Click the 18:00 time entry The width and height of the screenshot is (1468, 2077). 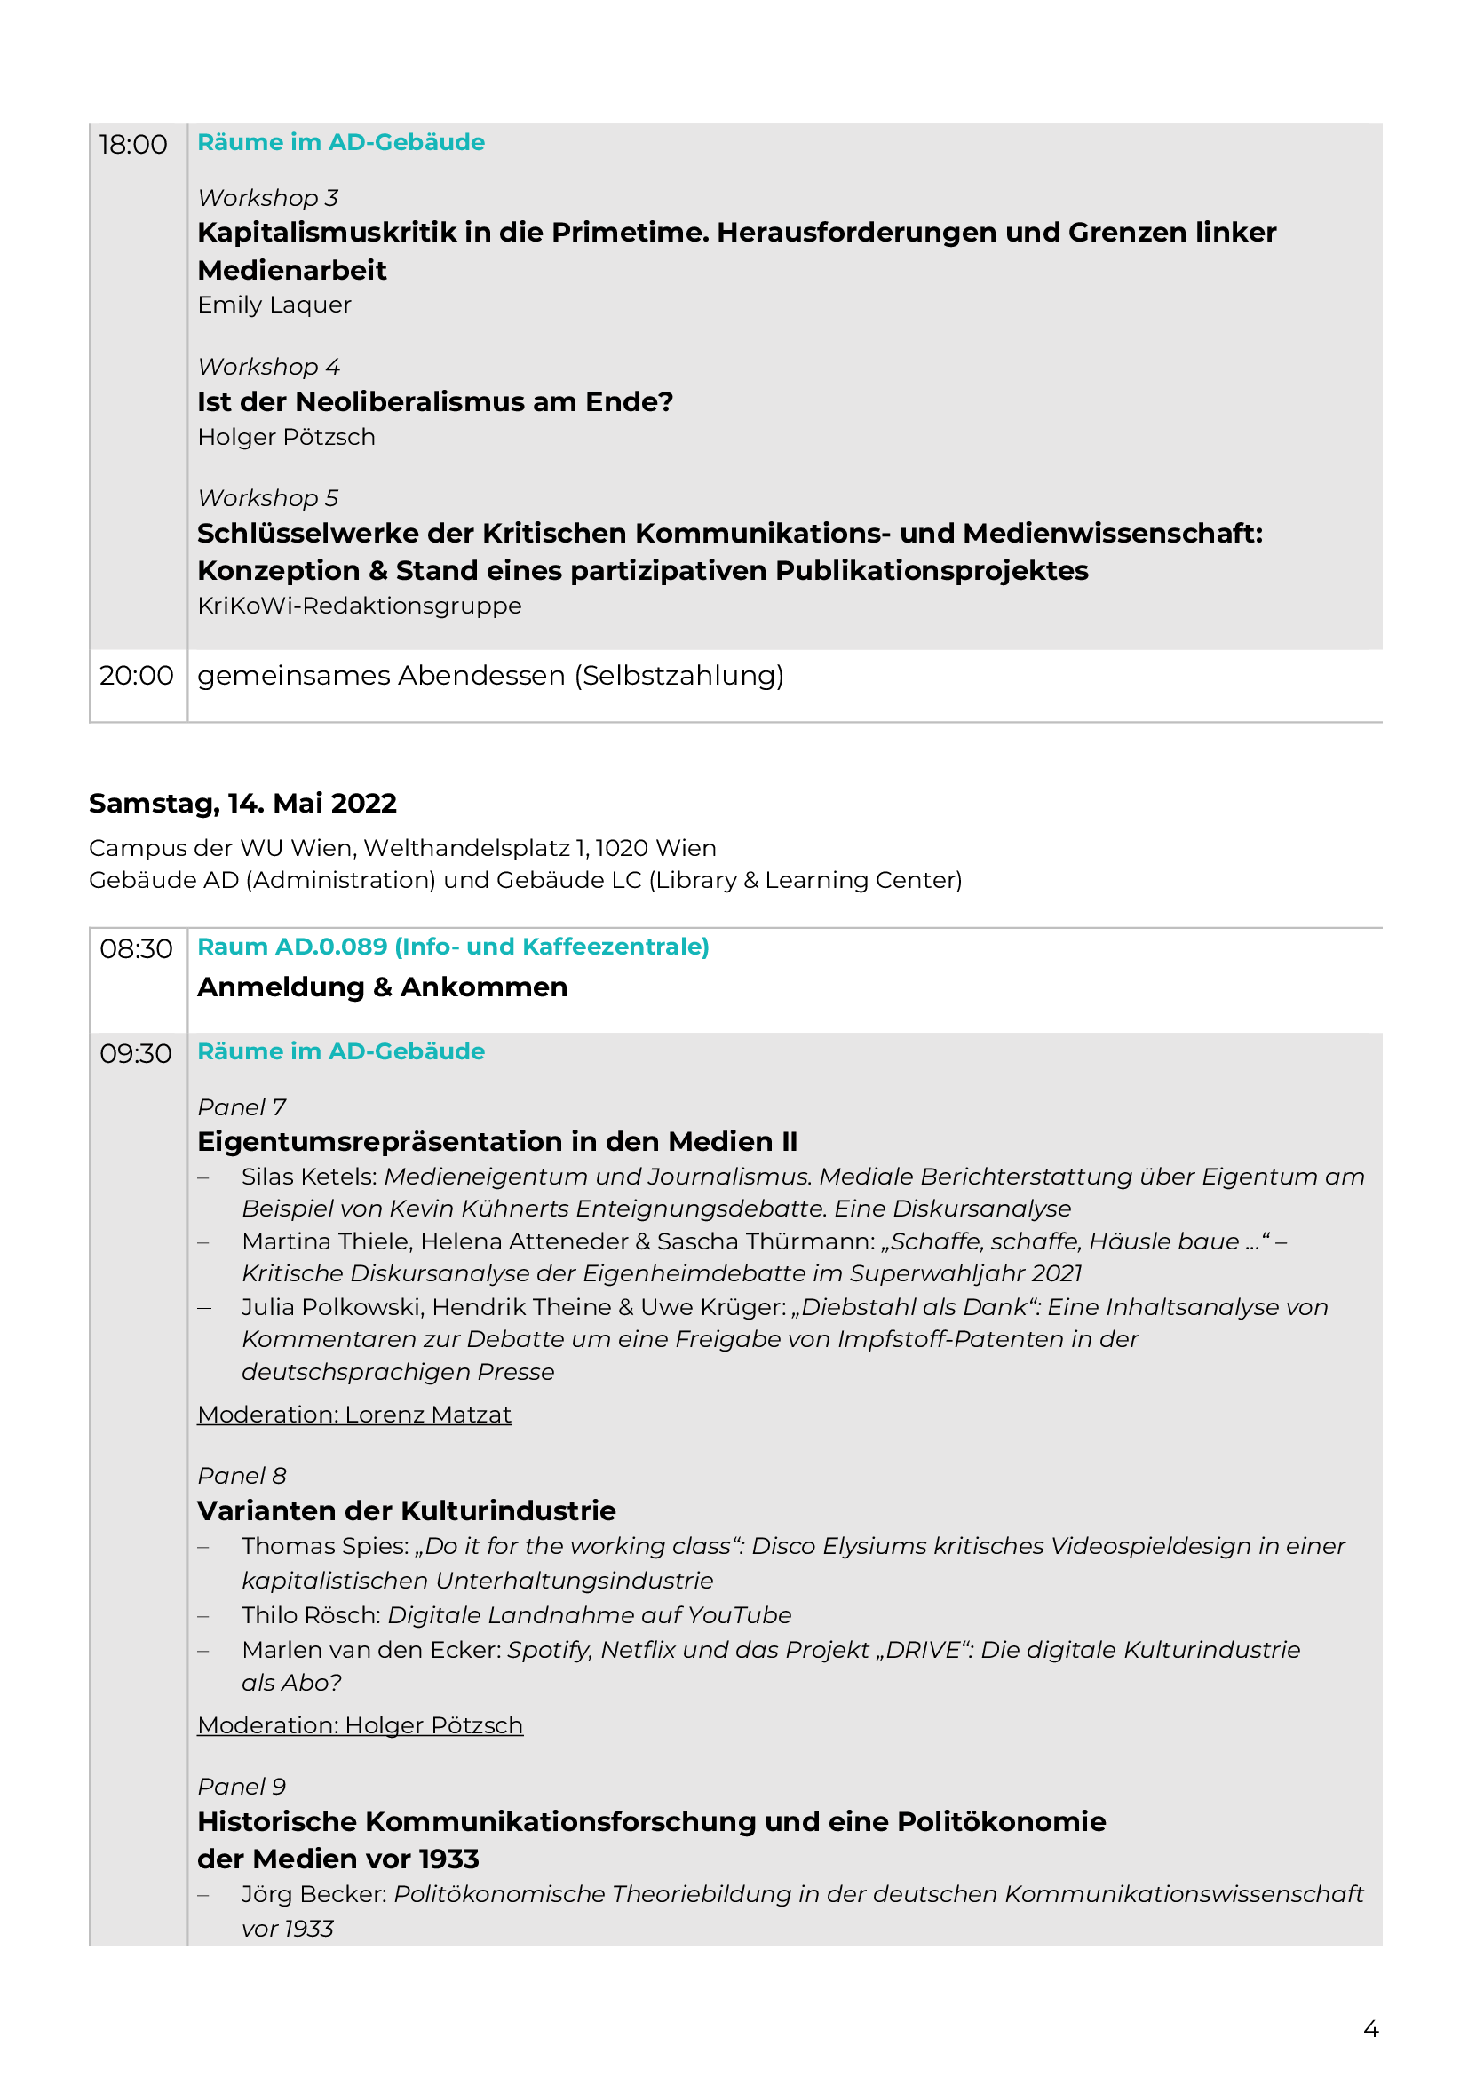[133, 145]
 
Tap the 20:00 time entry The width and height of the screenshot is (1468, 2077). [136, 675]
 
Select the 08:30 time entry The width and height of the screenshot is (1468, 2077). [136, 949]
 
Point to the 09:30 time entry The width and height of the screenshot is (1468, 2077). [136, 1054]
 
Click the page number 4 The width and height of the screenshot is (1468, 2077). [1370, 2029]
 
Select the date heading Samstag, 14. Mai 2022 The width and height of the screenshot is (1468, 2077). [242, 803]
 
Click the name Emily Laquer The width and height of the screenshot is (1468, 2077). [274, 305]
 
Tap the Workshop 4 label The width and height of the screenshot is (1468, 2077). [268, 367]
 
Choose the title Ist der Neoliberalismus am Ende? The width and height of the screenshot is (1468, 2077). [435, 401]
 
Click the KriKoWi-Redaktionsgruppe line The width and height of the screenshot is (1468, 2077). [359, 606]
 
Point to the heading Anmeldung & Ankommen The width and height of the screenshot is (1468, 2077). [383, 987]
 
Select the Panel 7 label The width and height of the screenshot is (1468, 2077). [242, 1107]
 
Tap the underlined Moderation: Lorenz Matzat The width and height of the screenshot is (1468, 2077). [354, 1415]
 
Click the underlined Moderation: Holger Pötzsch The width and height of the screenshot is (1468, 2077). [360, 1725]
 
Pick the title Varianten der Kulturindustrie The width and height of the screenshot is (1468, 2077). [406, 1510]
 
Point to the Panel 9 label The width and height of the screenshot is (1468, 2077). [242, 1787]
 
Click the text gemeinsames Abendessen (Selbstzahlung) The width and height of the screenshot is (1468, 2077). [490, 676]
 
